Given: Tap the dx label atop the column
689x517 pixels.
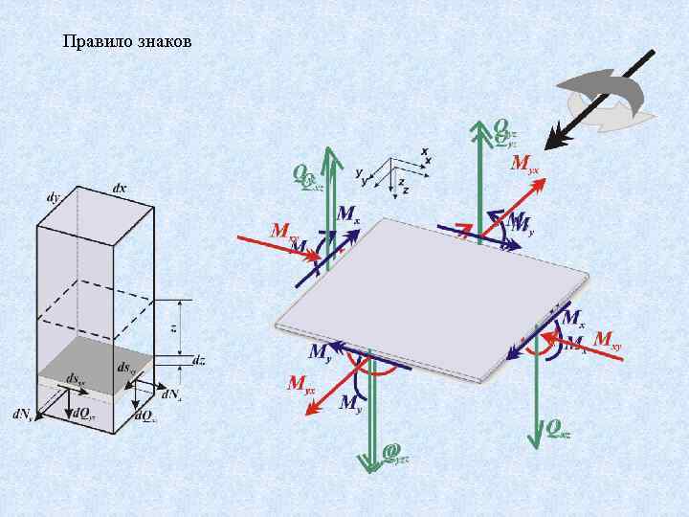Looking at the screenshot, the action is [119, 189].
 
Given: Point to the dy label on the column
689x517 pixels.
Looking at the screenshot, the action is [54, 198].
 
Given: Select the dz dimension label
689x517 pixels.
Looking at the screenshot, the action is [198, 361].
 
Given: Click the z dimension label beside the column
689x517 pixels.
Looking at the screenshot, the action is [173, 327].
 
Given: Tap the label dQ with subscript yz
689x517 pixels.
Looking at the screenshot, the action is [83, 415].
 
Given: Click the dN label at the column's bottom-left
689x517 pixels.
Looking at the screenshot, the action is [23, 415].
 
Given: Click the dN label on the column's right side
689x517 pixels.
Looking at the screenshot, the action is [172, 393].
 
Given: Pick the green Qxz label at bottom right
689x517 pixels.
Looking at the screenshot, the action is [559, 428].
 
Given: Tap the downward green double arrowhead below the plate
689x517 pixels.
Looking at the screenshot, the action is [370, 461].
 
